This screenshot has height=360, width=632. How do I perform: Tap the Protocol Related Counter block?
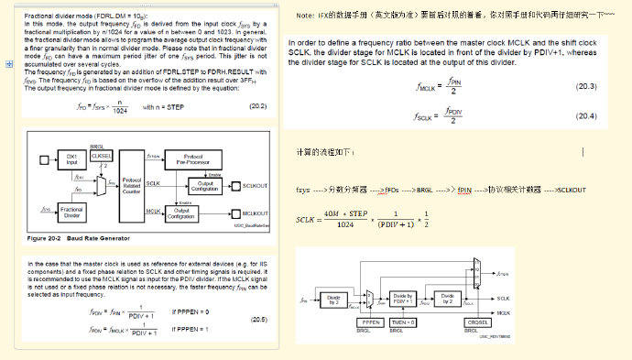point(131,187)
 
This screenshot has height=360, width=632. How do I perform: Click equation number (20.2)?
point(258,107)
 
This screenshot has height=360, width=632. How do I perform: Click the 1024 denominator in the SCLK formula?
point(345,225)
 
